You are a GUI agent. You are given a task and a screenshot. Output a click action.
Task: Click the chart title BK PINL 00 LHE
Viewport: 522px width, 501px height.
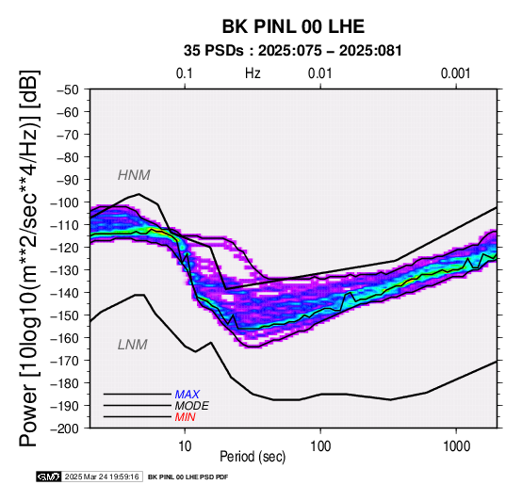pyautogui.click(x=293, y=26)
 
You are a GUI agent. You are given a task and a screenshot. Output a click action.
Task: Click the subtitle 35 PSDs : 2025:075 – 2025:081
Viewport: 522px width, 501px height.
pyautogui.click(x=293, y=51)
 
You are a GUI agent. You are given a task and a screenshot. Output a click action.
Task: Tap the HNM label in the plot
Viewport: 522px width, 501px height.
pyautogui.click(x=134, y=175)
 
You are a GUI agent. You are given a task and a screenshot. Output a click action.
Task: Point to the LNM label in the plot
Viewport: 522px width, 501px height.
pyautogui.click(x=133, y=345)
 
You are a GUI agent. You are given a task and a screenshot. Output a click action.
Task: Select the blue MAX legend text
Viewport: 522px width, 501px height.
pyautogui.click(x=188, y=395)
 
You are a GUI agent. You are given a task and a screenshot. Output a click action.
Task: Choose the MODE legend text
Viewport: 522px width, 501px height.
pyautogui.click(x=192, y=406)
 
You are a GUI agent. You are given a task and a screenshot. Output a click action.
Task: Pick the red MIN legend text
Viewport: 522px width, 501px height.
pyautogui.click(x=185, y=417)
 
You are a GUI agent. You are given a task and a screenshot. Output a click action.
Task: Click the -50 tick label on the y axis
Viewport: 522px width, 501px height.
pyautogui.click(x=68, y=89)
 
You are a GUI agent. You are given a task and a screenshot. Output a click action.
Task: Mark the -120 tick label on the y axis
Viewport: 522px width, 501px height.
pyautogui.click(x=65, y=248)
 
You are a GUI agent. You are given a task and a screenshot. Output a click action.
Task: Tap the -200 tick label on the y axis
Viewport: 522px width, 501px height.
pyautogui.click(x=65, y=428)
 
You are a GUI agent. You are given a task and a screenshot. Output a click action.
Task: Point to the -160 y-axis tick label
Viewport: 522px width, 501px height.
pyautogui.click(x=65, y=338)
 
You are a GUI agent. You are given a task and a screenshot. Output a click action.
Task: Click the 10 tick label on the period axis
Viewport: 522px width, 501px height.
pyautogui.click(x=185, y=446)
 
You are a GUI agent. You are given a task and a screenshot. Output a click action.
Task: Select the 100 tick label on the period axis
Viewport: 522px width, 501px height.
pyautogui.click(x=320, y=446)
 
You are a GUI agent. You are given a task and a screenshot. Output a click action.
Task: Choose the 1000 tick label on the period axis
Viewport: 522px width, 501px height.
pyautogui.click(x=456, y=446)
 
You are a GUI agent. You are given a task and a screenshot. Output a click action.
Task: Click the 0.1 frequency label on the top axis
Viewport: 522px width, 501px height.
pyautogui.click(x=185, y=73)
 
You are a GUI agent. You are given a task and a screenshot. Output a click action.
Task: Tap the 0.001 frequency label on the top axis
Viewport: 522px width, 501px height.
pyautogui.click(x=455, y=73)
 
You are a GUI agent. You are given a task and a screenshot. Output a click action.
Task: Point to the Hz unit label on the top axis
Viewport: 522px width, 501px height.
pyautogui.click(x=253, y=73)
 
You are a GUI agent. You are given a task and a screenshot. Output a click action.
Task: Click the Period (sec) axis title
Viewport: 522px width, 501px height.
pyautogui.click(x=253, y=457)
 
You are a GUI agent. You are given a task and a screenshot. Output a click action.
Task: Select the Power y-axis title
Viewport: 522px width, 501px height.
pyautogui.click(x=29, y=258)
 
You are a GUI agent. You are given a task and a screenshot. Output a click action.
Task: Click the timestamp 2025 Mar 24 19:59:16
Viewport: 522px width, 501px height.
pyautogui.click(x=102, y=477)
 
